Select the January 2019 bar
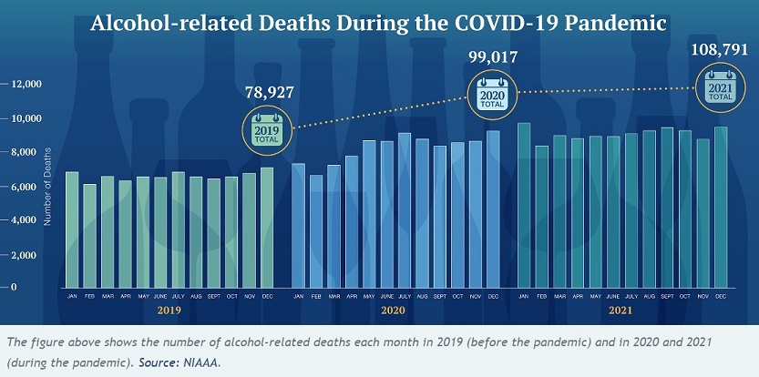point(72,229)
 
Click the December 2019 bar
point(267,227)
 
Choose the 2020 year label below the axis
point(393,311)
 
